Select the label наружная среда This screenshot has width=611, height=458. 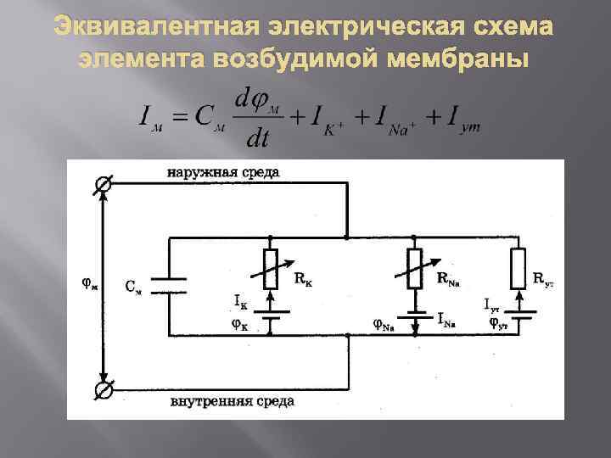[x=223, y=172]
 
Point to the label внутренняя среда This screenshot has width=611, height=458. [x=232, y=402]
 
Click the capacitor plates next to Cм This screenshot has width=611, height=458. [x=170, y=286]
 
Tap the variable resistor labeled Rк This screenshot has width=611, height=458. [x=271, y=269]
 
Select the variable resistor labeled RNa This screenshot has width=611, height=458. [x=416, y=269]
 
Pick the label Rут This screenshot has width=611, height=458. [x=543, y=278]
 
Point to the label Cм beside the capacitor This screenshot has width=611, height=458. [x=134, y=287]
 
